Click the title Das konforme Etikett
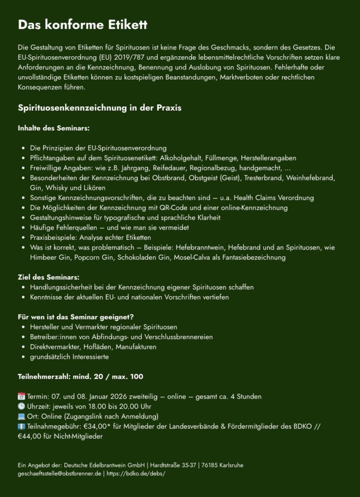click(83, 25)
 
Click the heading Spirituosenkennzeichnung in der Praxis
click(100, 108)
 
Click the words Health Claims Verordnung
click(274, 198)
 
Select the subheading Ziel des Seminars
click(49, 277)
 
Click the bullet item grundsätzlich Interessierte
click(69, 357)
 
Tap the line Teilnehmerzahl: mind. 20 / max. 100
click(80, 377)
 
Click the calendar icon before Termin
click(21, 397)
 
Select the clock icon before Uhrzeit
click(21, 406)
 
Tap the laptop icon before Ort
click(21, 416)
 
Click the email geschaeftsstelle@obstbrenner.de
click(59, 474)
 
